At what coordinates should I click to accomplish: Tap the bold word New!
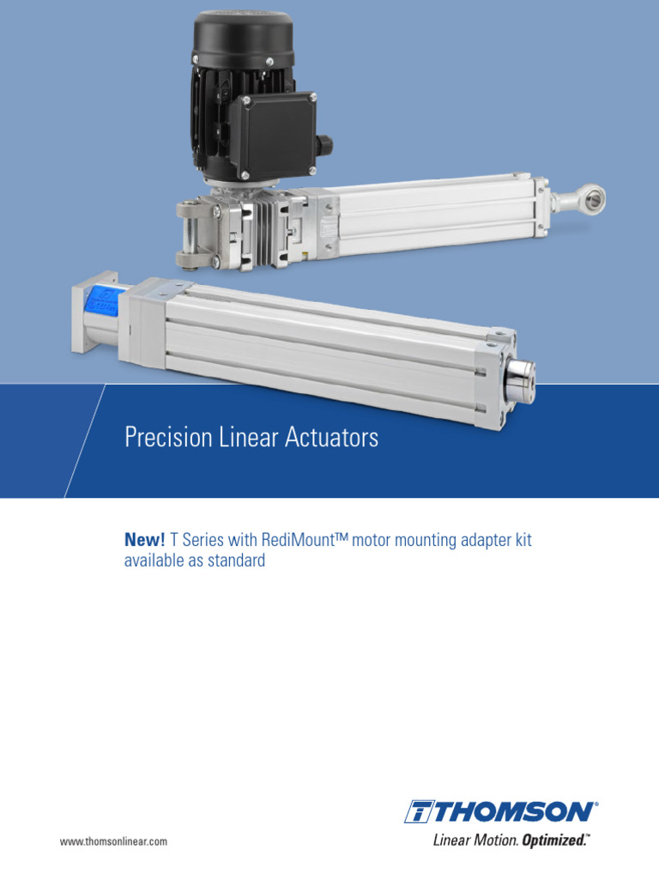point(145,540)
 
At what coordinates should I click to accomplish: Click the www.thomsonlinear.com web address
point(113,842)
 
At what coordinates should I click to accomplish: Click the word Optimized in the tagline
point(556,840)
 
